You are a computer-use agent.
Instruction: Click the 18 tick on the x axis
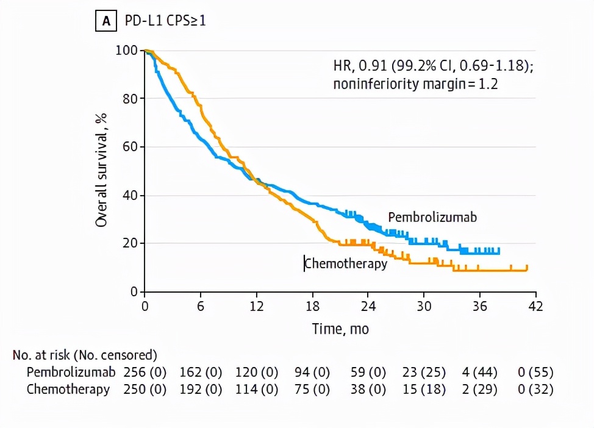312,306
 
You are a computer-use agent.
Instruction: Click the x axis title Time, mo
340,329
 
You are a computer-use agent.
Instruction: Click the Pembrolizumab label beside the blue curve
432,218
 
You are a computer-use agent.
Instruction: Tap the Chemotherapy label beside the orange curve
346,264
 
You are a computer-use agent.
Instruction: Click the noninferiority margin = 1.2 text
415,84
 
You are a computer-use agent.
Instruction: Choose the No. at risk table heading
85,354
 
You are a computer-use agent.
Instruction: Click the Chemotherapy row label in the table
68,390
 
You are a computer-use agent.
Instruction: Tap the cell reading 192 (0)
201,390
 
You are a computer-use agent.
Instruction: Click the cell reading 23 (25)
424,372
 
